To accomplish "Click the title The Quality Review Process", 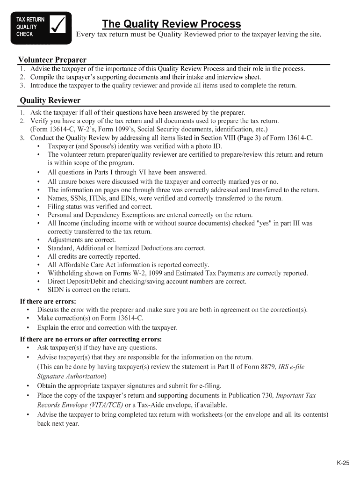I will click(172, 24).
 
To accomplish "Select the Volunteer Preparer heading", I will click(52, 60).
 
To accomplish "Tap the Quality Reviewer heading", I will click(50, 101).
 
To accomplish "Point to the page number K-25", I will click(343, 463).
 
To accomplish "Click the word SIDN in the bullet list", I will click(55, 290).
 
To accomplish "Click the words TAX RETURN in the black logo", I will click(30, 20).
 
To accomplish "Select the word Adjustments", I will click(65, 240).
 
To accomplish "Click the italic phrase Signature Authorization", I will click(71, 376).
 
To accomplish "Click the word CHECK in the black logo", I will click(25, 34).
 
